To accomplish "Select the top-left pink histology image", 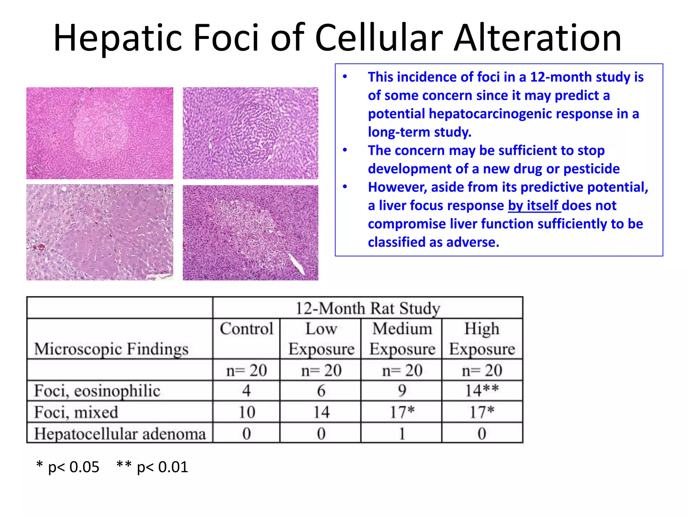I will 100,133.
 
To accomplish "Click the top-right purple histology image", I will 250,133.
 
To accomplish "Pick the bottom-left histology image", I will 100,232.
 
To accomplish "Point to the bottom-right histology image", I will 250,233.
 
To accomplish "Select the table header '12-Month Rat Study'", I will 368,308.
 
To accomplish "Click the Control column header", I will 247,329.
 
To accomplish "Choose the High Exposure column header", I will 482,339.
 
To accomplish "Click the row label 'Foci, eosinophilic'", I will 97,391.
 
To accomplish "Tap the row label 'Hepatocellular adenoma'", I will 120,434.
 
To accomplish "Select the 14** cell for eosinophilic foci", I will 482,391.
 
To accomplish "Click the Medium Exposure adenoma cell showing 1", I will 402,434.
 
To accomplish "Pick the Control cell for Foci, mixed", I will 247,412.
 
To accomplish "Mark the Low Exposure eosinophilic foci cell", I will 321,391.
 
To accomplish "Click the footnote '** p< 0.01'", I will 152,467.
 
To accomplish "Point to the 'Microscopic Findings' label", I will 111,349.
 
